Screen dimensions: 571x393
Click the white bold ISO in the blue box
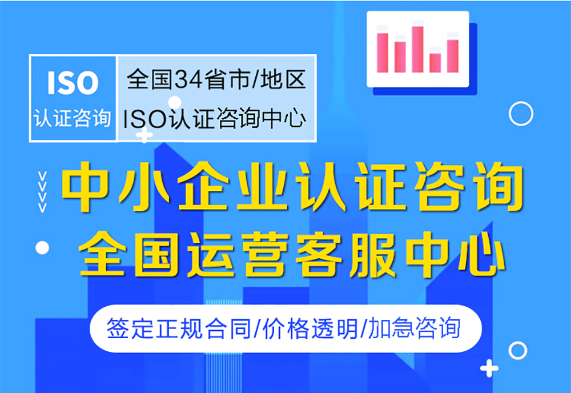(x=73, y=83)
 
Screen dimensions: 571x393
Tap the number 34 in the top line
(x=188, y=79)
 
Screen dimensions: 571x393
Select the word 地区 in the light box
(x=283, y=79)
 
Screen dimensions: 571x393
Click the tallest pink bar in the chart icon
(x=417, y=49)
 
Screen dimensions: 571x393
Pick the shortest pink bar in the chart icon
(x=435, y=63)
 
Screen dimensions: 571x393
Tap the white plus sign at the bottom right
(x=489, y=368)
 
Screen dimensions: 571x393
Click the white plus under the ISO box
(x=144, y=135)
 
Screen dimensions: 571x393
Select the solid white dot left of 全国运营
(x=42, y=248)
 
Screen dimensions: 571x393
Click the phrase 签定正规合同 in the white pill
(x=178, y=328)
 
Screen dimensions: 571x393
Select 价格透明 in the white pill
(x=310, y=328)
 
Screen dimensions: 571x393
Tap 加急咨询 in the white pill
(x=415, y=328)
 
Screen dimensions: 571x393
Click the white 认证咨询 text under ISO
(x=73, y=118)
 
